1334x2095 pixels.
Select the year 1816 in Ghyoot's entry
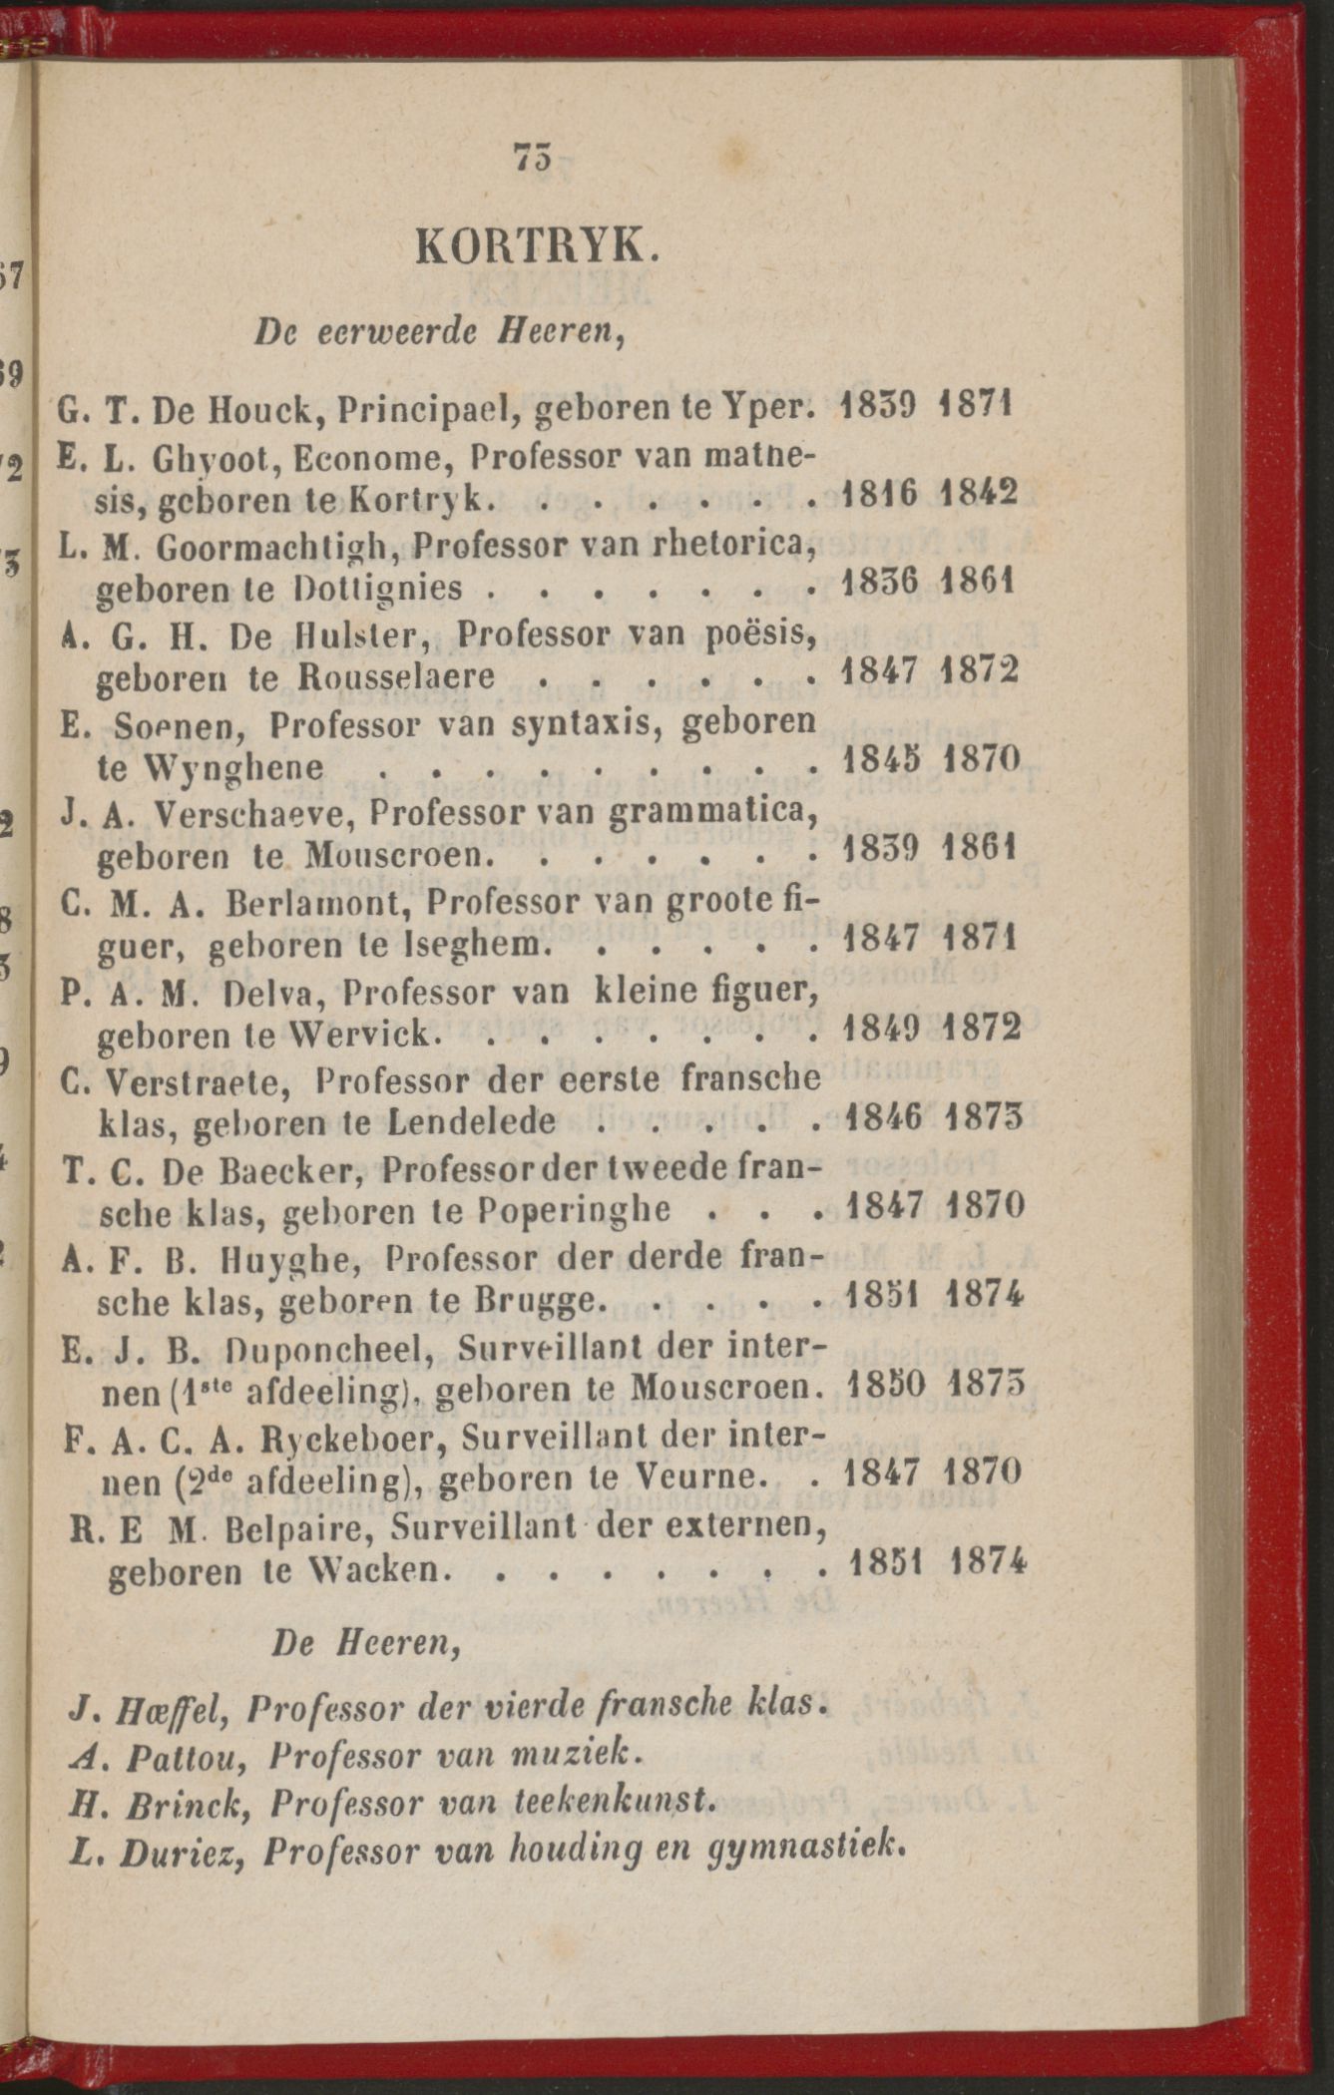(877, 493)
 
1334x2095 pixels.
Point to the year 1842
(980, 493)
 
